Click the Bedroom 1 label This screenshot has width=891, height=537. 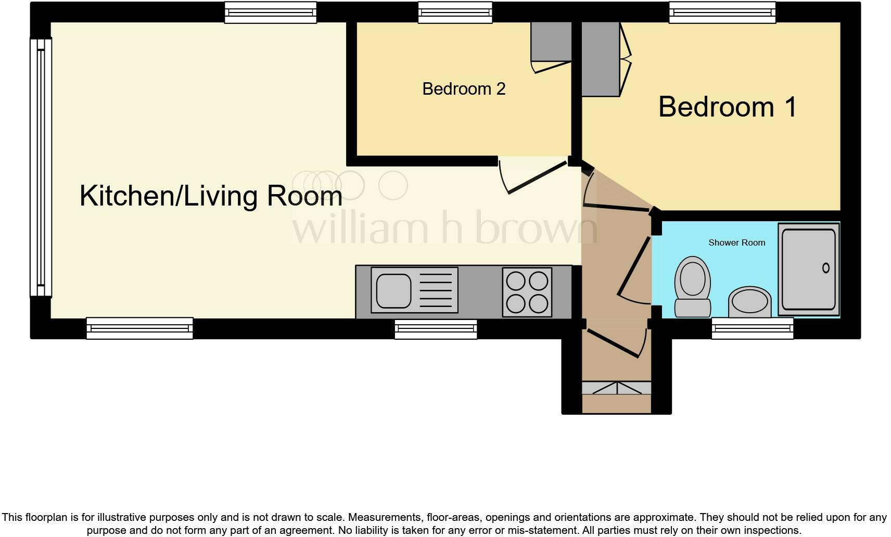click(727, 107)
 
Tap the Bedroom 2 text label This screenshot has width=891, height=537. click(463, 89)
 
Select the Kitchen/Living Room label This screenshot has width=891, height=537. click(211, 196)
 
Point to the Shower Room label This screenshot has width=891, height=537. click(736, 242)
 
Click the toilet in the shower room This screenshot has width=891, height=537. click(693, 287)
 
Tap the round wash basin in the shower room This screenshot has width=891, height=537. click(749, 301)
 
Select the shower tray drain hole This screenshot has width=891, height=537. click(825, 268)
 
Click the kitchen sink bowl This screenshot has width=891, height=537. click(393, 290)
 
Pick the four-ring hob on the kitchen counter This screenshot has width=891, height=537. click(527, 292)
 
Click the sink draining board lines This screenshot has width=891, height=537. click(435, 290)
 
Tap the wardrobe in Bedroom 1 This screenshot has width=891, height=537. click(600, 59)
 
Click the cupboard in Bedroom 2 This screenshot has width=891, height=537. click(551, 42)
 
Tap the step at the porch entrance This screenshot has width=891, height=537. click(616, 388)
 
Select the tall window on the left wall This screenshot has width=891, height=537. click(41, 168)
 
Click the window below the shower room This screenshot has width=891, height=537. click(752, 329)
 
